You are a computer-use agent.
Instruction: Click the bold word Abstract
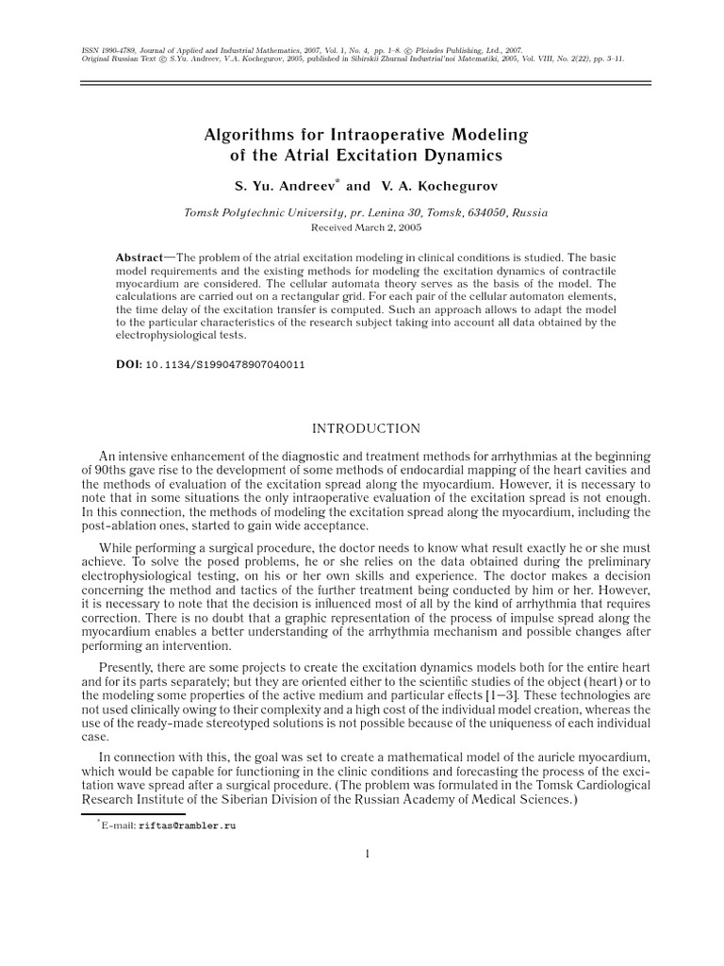click(x=139, y=258)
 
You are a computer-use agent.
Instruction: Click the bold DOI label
click(x=128, y=363)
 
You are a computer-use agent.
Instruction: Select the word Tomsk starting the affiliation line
click(x=203, y=213)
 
